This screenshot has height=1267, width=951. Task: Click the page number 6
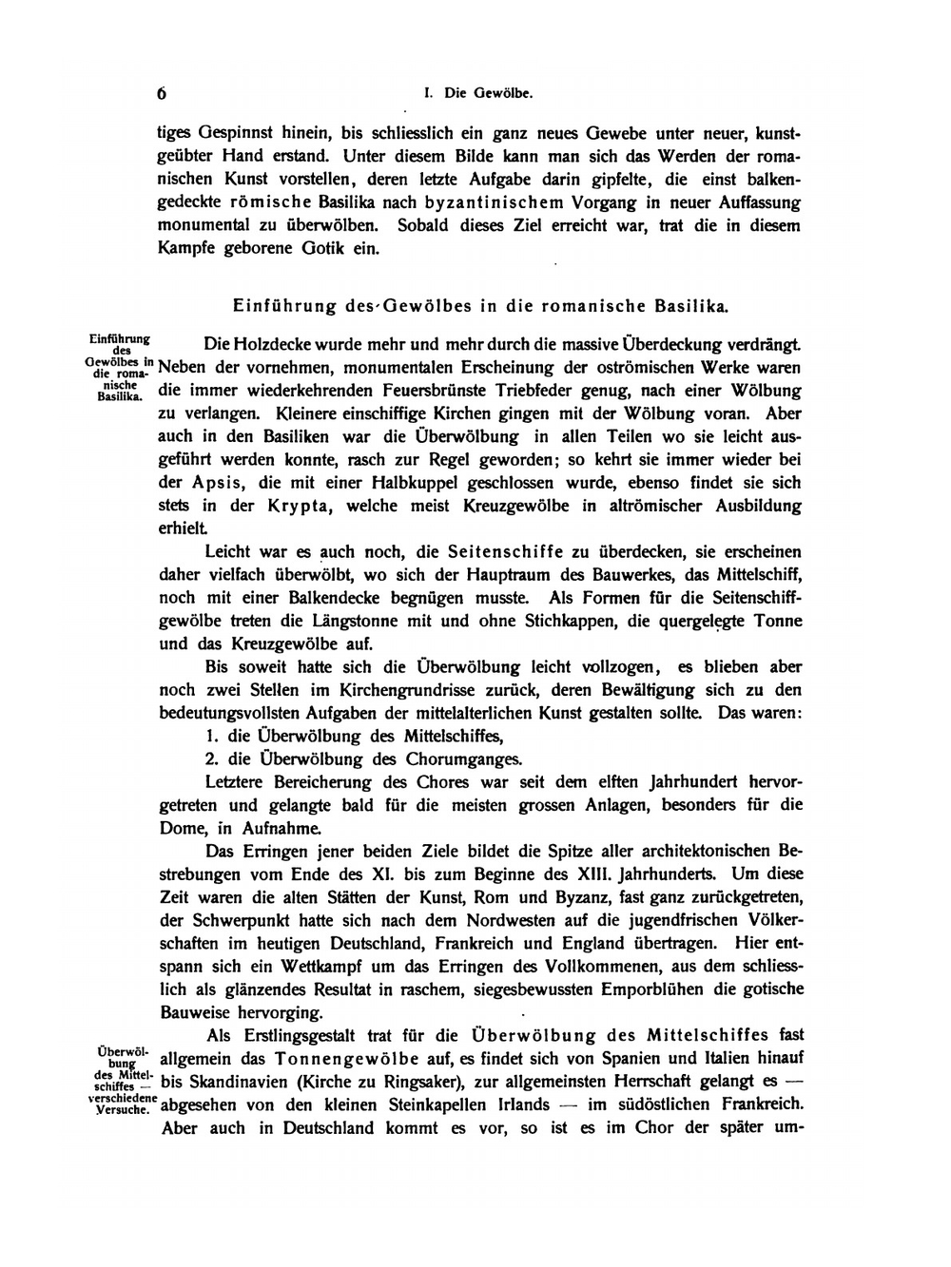point(162,94)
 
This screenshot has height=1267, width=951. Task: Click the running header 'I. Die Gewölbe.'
point(478,94)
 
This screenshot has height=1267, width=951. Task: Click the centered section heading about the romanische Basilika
point(480,306)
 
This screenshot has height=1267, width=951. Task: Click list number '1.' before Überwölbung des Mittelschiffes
point(211,736)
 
